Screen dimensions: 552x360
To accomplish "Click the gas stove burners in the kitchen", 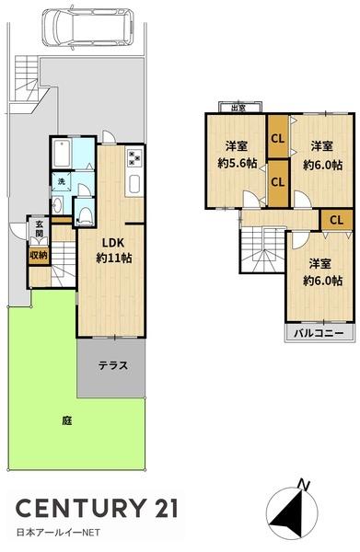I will (x=134, y=157).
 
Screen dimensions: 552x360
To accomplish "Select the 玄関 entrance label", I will (x=40, y=227).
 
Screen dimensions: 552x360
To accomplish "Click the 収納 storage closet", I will (x=39, y=255).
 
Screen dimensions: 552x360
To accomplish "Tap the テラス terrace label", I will (x=112, y=364).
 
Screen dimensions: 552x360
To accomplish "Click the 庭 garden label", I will (x=66, y=420).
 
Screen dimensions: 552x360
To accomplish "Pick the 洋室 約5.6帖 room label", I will (x=236, y=154).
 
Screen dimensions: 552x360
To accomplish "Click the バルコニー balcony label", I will (x=318, y=331).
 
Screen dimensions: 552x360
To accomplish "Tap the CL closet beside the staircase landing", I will (x=335, y=219).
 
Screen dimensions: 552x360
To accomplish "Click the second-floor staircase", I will (x=261, y=247).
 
